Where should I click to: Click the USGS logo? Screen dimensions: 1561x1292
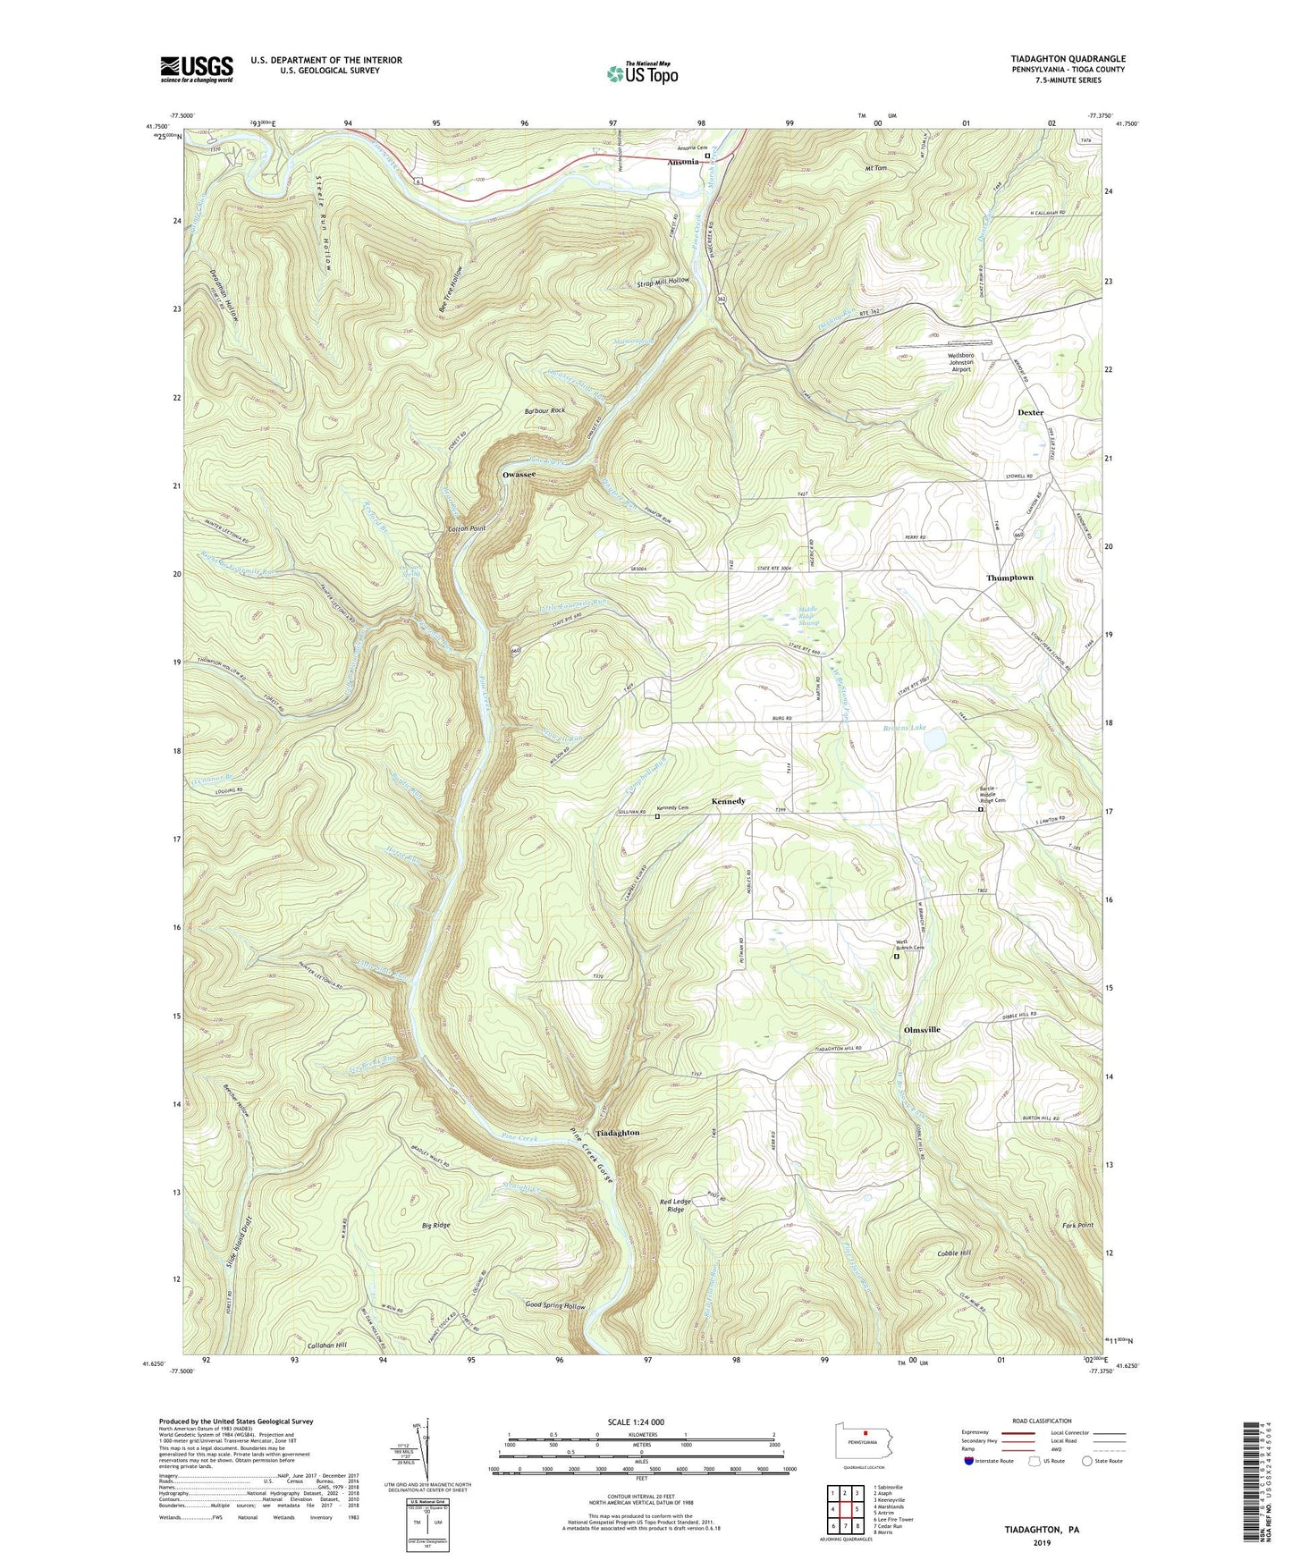coord(197,69)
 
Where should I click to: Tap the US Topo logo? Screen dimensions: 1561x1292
coord(642,73)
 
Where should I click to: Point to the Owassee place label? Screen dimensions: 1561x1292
coord(519,475)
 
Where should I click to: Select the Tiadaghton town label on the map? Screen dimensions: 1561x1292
coord(617,1133)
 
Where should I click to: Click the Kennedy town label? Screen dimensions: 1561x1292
coord(728,801)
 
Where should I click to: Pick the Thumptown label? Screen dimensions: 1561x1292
coord(1009,578)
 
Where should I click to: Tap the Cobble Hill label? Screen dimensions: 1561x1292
coord(953,1253)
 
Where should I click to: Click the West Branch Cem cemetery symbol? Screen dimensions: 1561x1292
coord(897,956)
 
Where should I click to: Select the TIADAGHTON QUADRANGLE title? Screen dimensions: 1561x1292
coord(1068,59)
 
